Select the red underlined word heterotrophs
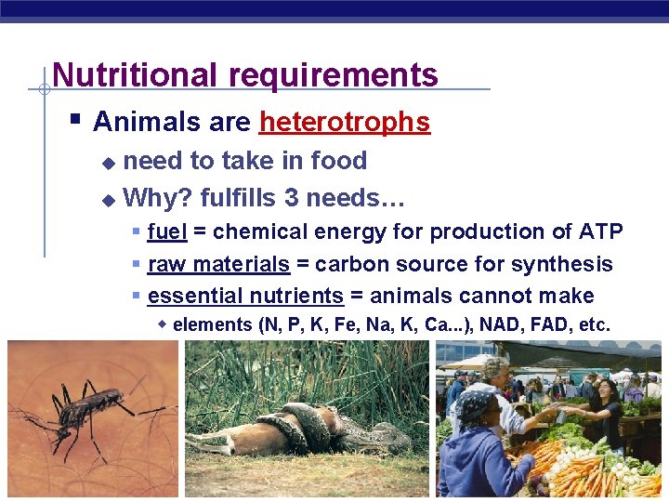[x=345, y=122]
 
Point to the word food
[x=339, y=161]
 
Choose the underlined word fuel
[x=167, y=231]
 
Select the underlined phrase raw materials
[x=218, y=264]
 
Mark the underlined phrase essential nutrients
[x=245, y=297]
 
